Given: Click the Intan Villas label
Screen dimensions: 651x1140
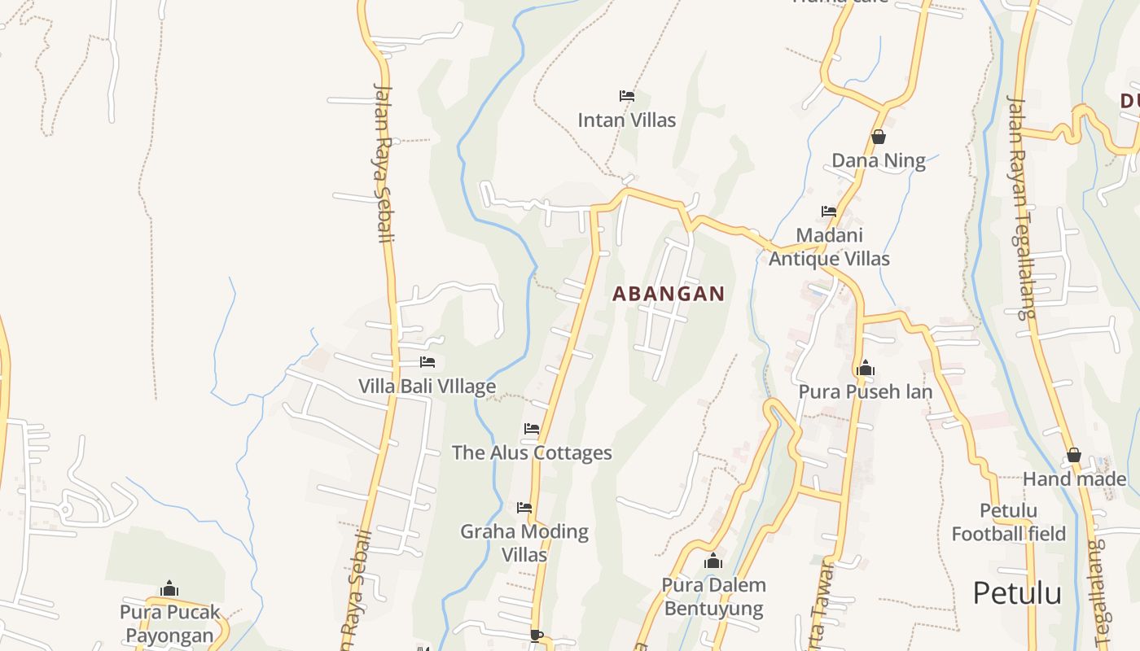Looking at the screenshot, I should [x=626, y=120].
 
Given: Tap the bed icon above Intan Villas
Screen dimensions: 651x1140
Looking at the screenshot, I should [x=626, y=96].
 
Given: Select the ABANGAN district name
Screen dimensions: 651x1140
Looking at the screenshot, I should [x=668, y=294].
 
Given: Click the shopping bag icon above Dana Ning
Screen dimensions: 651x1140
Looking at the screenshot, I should [x=878, y=137].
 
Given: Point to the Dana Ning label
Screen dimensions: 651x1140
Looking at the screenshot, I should [x=878, y=161].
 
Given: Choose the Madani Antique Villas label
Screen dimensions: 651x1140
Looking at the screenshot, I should [x=829, y=247].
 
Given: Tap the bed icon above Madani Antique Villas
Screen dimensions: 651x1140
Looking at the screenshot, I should [x=829, y=212].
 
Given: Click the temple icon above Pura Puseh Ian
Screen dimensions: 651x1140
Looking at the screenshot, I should [x=865, y=369].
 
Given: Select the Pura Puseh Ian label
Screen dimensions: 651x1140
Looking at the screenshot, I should [x=865, y=392].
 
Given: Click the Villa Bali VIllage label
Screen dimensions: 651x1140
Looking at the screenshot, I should [x=427, y=387].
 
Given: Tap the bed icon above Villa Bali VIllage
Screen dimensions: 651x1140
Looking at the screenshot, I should [x=427, y=362].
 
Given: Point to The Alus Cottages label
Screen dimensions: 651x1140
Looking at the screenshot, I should [x=532, y=453].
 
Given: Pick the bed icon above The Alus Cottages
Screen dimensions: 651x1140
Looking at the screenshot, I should [x=532, y=429].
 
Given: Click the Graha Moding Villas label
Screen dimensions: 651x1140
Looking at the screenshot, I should [x=524, y=543].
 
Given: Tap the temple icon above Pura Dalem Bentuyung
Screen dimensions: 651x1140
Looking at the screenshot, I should [x=713, y=561].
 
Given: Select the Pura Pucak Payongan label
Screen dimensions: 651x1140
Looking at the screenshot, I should [x=169, y=623].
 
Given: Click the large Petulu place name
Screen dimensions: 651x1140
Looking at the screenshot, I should [x=1017, y=593].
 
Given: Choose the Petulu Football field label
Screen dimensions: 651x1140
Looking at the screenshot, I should [x=1008, y=522].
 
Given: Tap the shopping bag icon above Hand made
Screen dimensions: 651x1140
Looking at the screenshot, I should [x=1074, y=455].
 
